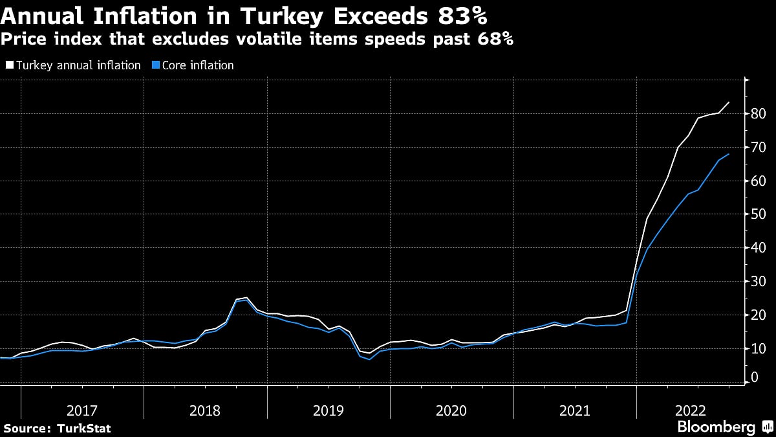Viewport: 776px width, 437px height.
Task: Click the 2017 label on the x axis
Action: pyautogui.click(x=82, y=410)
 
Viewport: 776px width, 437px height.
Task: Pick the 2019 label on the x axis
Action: pyautogui.click(x=329, y=410)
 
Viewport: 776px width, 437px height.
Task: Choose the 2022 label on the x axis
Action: pyautogui.click(x=691, y=410)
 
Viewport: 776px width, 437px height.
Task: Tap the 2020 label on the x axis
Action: pyautogui.click(x=451, y=410)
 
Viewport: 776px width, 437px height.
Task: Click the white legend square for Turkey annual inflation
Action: pyautogui.click(x=8, y=65)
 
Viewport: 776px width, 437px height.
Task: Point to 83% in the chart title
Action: pyautogui.click(x=462, y=14)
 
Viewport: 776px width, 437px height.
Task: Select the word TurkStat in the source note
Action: pyautogui.click(x=84, y=428)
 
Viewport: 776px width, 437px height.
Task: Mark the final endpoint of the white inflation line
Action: pyautogui.click(x=729, y=102)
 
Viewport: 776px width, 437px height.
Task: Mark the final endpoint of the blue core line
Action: pyautogui.click(x=729, y=154)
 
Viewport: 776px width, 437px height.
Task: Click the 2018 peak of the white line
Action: pyautogui.click(x=246, y=298)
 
